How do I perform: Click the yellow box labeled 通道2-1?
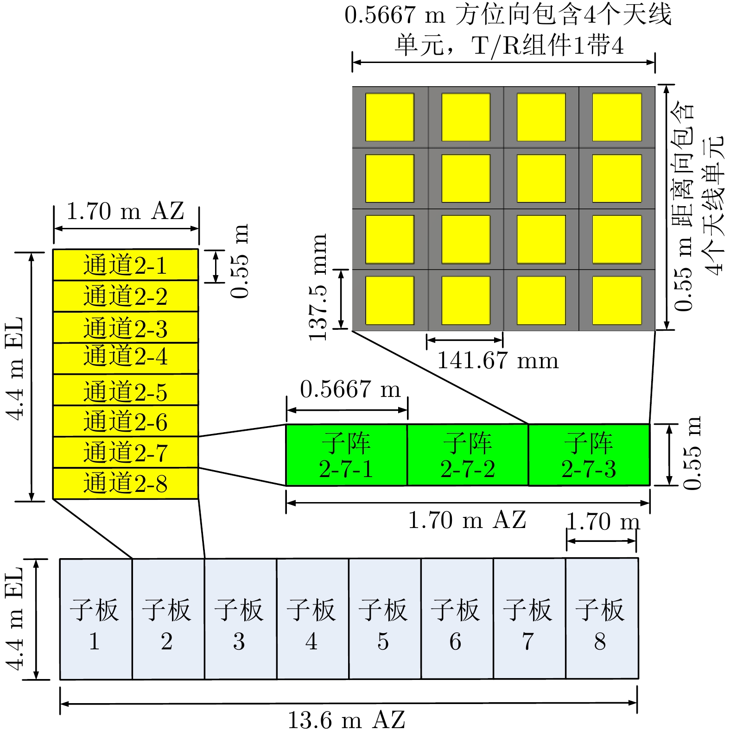coord(125,265)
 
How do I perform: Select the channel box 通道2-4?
coord(125,358)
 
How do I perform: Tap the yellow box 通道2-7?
coord(125,452)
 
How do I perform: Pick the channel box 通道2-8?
coord(125,483)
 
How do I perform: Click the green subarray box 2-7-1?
coord(346,455)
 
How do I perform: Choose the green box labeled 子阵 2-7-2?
coord(468,455)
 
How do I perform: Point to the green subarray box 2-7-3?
coord(589,455)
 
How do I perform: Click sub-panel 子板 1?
coord(95,619)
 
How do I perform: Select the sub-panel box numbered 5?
coord(384,619)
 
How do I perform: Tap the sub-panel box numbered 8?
coord(601,619)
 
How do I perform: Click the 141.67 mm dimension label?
coord(498,360)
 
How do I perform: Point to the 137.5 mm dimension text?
coord(318,287)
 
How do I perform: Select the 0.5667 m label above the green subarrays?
coord(350,389)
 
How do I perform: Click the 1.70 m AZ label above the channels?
coord(125,211)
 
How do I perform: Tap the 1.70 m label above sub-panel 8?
coord(603,522)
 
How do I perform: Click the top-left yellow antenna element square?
coord(389,117)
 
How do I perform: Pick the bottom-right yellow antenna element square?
coord(617,300)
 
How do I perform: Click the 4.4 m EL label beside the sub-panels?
coord(15,618)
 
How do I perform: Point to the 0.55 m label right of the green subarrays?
coord(692,453)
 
